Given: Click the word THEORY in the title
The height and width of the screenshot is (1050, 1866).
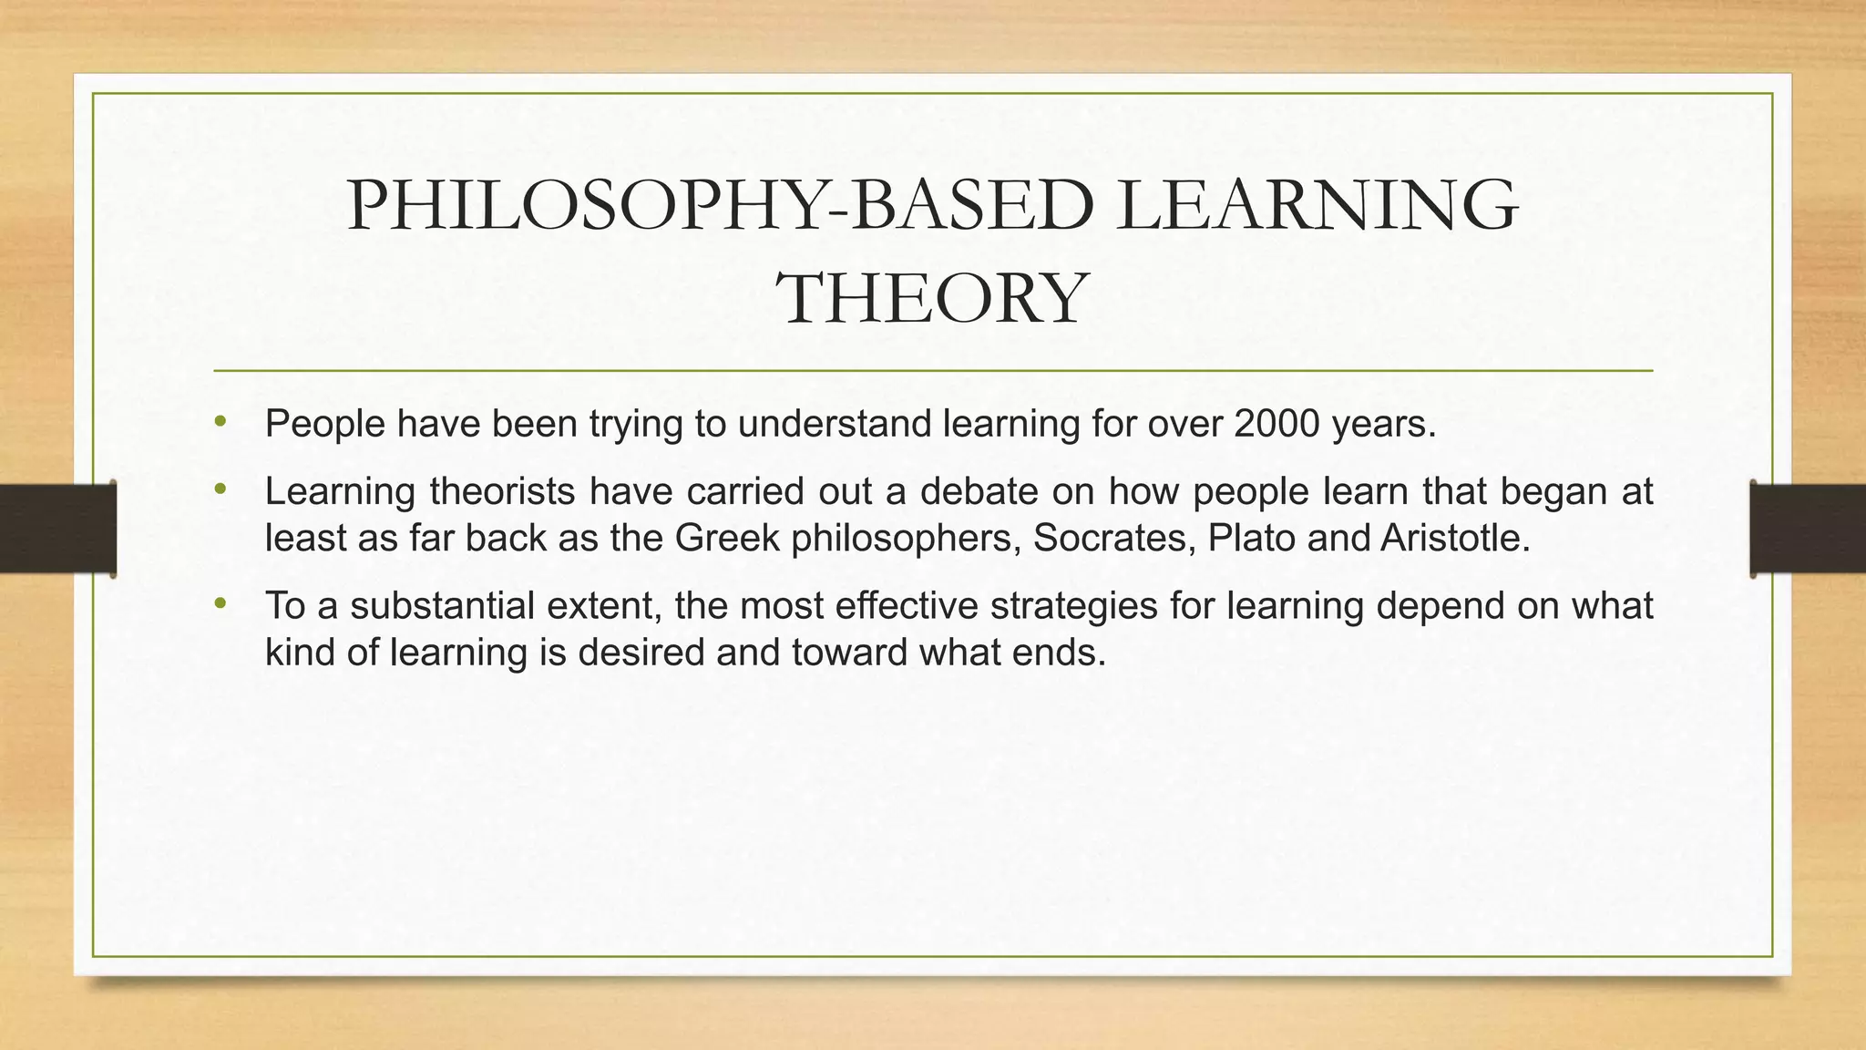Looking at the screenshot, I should point(931,298).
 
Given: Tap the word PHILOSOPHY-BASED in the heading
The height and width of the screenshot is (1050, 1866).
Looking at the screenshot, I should point(720,206).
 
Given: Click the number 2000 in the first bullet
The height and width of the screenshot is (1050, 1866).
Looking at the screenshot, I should point(1276,424).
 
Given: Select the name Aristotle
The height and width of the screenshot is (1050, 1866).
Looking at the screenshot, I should point(1454,538).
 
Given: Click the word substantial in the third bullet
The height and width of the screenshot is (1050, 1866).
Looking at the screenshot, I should point(442,606).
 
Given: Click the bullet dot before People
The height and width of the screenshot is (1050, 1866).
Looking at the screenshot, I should point(219,422).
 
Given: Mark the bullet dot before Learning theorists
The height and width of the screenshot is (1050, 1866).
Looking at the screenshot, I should point(219,489).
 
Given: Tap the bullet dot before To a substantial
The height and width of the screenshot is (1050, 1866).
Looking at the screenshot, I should point(219,604).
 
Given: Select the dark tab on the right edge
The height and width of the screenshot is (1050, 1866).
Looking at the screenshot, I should point(1808,529).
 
